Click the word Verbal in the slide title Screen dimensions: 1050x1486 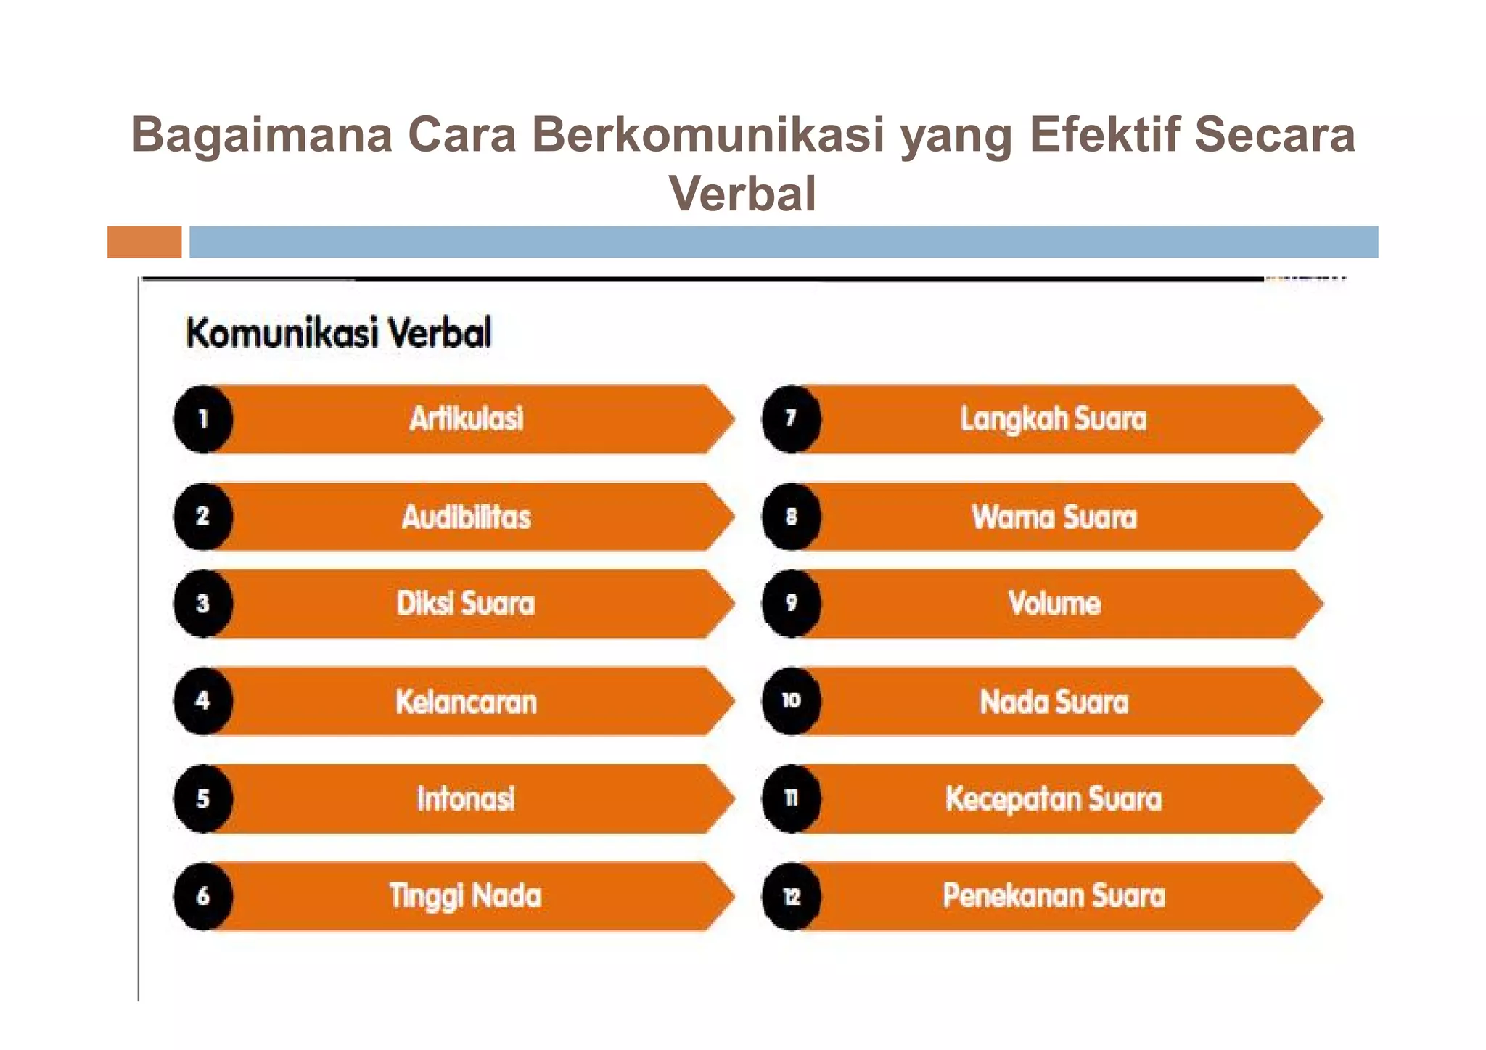742,193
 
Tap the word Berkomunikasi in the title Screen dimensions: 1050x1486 707,135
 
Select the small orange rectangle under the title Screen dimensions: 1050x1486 144,242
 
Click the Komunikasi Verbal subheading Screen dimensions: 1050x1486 339,333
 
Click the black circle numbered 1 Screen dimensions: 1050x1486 203,419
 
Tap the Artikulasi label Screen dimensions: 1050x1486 467,419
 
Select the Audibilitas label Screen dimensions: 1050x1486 467,517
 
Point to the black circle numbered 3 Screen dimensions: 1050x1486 203,603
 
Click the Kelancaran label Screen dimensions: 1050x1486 467,702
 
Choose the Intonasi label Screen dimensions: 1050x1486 467,798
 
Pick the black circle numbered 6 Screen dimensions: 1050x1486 203,895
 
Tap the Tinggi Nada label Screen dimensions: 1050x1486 465,895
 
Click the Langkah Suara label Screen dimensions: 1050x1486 1054,419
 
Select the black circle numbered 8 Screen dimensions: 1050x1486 792,517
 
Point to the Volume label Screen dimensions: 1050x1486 1054,603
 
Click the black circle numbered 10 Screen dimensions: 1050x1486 792,700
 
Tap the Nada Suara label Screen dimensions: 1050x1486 1054,702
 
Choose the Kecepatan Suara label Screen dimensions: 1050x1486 1054,798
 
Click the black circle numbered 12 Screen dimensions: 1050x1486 792,896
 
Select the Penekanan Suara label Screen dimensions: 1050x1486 1054,895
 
